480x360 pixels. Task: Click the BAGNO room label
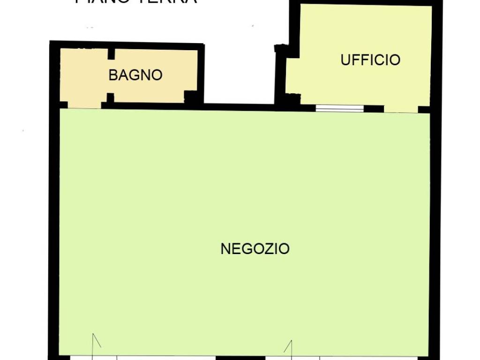tap(135, 75)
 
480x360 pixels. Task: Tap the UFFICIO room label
tap(370, 60)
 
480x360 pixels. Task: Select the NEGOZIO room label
tap(255, 248)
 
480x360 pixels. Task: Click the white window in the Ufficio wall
tap(339, 108)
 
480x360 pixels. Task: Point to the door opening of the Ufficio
tap(401, 109)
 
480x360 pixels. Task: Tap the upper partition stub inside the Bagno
tap(111, 53)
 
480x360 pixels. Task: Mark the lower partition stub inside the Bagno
tap(111, 98)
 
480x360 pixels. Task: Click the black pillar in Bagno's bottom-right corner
tap(191, 97)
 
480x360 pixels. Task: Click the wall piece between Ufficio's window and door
tap(374, 109)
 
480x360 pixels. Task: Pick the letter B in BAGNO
tap(113, 75)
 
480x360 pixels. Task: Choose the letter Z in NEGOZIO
tap(266, 248)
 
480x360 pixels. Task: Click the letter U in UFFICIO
tap(345, 60)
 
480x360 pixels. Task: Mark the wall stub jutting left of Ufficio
tap(280, 48)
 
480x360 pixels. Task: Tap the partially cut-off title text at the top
tap(136, 2)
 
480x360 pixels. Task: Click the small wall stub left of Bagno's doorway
tap(64, 105)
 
